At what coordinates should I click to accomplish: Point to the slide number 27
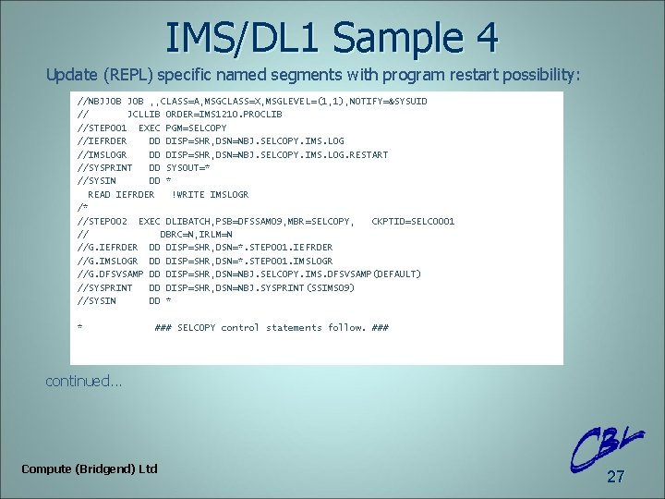[x=615, y=477]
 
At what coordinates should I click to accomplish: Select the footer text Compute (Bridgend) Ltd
[x=90, y=469]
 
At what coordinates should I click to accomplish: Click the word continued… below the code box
[x=84, y=381]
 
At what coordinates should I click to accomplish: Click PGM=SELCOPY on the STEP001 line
[x=196, y=128]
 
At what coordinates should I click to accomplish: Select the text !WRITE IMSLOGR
[x=210, y=194]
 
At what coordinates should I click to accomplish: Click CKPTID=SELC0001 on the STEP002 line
[x=413, y=221]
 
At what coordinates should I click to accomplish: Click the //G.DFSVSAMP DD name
[x=111, y=274]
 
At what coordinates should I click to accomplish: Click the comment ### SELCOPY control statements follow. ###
[x=272, y=328]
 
